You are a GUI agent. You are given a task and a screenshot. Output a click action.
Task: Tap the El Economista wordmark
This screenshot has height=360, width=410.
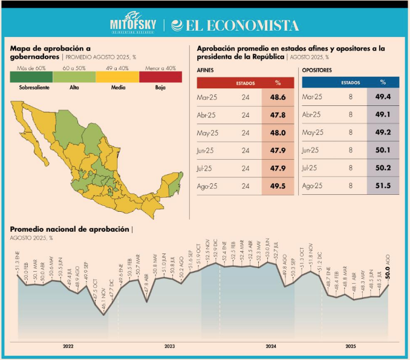coord(236,25)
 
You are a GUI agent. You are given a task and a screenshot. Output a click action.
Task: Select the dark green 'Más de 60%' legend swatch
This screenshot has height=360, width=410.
coord(31,76)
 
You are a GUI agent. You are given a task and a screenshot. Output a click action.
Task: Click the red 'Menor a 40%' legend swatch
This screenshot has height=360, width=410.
coord(160,76)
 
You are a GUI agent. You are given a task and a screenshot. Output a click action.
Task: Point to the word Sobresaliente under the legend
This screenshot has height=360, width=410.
coord(31,88)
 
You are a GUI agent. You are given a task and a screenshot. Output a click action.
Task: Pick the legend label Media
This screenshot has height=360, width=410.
coord(118,88)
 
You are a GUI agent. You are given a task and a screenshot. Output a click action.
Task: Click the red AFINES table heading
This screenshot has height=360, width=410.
coord(206,70)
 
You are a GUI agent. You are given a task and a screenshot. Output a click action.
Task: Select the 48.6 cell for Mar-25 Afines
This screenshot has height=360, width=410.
coord(278,97)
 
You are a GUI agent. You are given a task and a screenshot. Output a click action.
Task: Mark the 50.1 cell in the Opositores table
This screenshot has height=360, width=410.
coord(383,150)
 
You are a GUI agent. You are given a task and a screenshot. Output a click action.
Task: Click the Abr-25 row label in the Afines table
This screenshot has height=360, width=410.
coord(209,114)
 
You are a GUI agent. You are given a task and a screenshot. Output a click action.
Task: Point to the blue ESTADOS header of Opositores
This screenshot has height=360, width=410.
coord(351,82)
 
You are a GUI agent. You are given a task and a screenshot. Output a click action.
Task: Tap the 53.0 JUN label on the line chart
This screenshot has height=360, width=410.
coord(267,251)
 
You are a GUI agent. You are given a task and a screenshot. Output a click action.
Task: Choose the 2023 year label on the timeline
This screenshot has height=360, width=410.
coord(169,346)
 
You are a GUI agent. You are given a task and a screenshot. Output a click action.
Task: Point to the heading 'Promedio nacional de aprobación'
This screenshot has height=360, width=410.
coord(70,229)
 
